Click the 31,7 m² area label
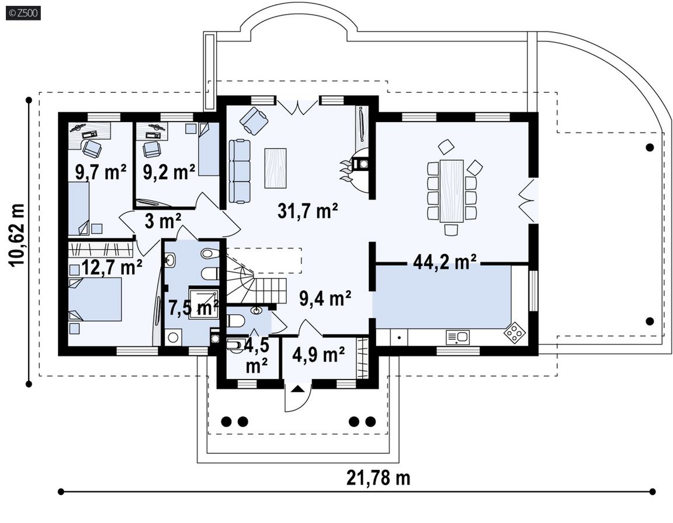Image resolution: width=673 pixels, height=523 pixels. [x=307, y=211]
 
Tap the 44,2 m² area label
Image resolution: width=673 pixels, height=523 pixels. [x=445, y=261]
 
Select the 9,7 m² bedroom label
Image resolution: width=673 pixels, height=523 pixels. [x=101, y=172]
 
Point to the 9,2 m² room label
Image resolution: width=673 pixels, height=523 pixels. [x=169, y=172]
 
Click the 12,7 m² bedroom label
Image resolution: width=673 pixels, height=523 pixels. [x=111, y=267]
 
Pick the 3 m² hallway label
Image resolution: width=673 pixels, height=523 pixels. [x=162, y=221]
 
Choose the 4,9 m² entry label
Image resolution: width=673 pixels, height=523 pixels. [x=318, y=354]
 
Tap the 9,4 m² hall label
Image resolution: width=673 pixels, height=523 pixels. [x=325, y=298]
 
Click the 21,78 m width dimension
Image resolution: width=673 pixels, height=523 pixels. [x=378, y=477]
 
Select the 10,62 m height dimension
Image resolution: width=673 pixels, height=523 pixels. [x=18, y=234]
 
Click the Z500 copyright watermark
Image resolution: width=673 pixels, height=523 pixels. [x=23, y=13]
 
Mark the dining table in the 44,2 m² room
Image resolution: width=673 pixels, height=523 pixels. [x=452, y=191]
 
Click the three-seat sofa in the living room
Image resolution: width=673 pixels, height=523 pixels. [x=240, y=170]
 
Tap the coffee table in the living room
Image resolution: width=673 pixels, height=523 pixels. [x=276, y=168]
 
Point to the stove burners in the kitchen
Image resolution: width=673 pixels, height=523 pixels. [x=515, y=332]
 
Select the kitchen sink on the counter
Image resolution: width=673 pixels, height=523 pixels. [x=457, y=337]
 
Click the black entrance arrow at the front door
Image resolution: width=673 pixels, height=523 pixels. [x=299, y=389]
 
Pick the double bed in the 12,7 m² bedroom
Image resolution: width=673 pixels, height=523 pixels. [x=95, y=299]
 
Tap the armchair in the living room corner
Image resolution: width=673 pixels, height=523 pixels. [x=254, y=118]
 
